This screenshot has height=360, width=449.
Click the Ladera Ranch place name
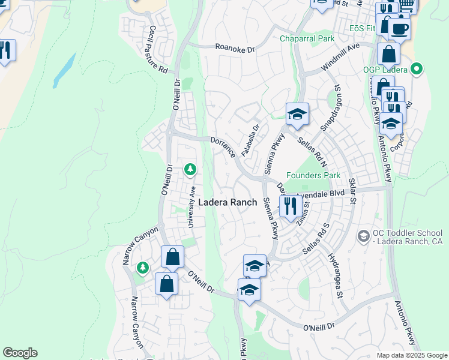pos(228,203)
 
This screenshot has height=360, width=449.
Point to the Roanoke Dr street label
pos(235,49)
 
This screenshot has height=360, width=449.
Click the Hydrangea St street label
pos(335,275)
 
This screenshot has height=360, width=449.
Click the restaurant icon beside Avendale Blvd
pos(290,206)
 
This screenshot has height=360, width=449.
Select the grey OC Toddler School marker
pos(363,236)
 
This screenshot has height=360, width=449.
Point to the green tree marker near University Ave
pos(190,170)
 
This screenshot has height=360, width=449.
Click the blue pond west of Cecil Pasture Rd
pos(64,71)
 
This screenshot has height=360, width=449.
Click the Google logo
pos(20,353)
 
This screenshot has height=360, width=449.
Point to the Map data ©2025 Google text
pos(412,355)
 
